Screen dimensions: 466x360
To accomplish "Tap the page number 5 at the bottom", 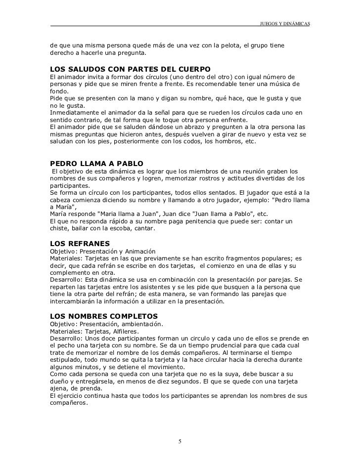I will click(x=180, y=441).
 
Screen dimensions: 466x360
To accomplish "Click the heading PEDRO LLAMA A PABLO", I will click(x=97, y=164).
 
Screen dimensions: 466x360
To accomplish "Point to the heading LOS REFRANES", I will click(x=80, y=243).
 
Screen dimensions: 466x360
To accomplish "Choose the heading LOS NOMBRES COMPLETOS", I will click(x=104, y=315).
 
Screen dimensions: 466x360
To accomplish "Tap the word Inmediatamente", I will click(x=74, y=112).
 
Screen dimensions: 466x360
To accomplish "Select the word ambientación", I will click(x=139, y=324).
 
